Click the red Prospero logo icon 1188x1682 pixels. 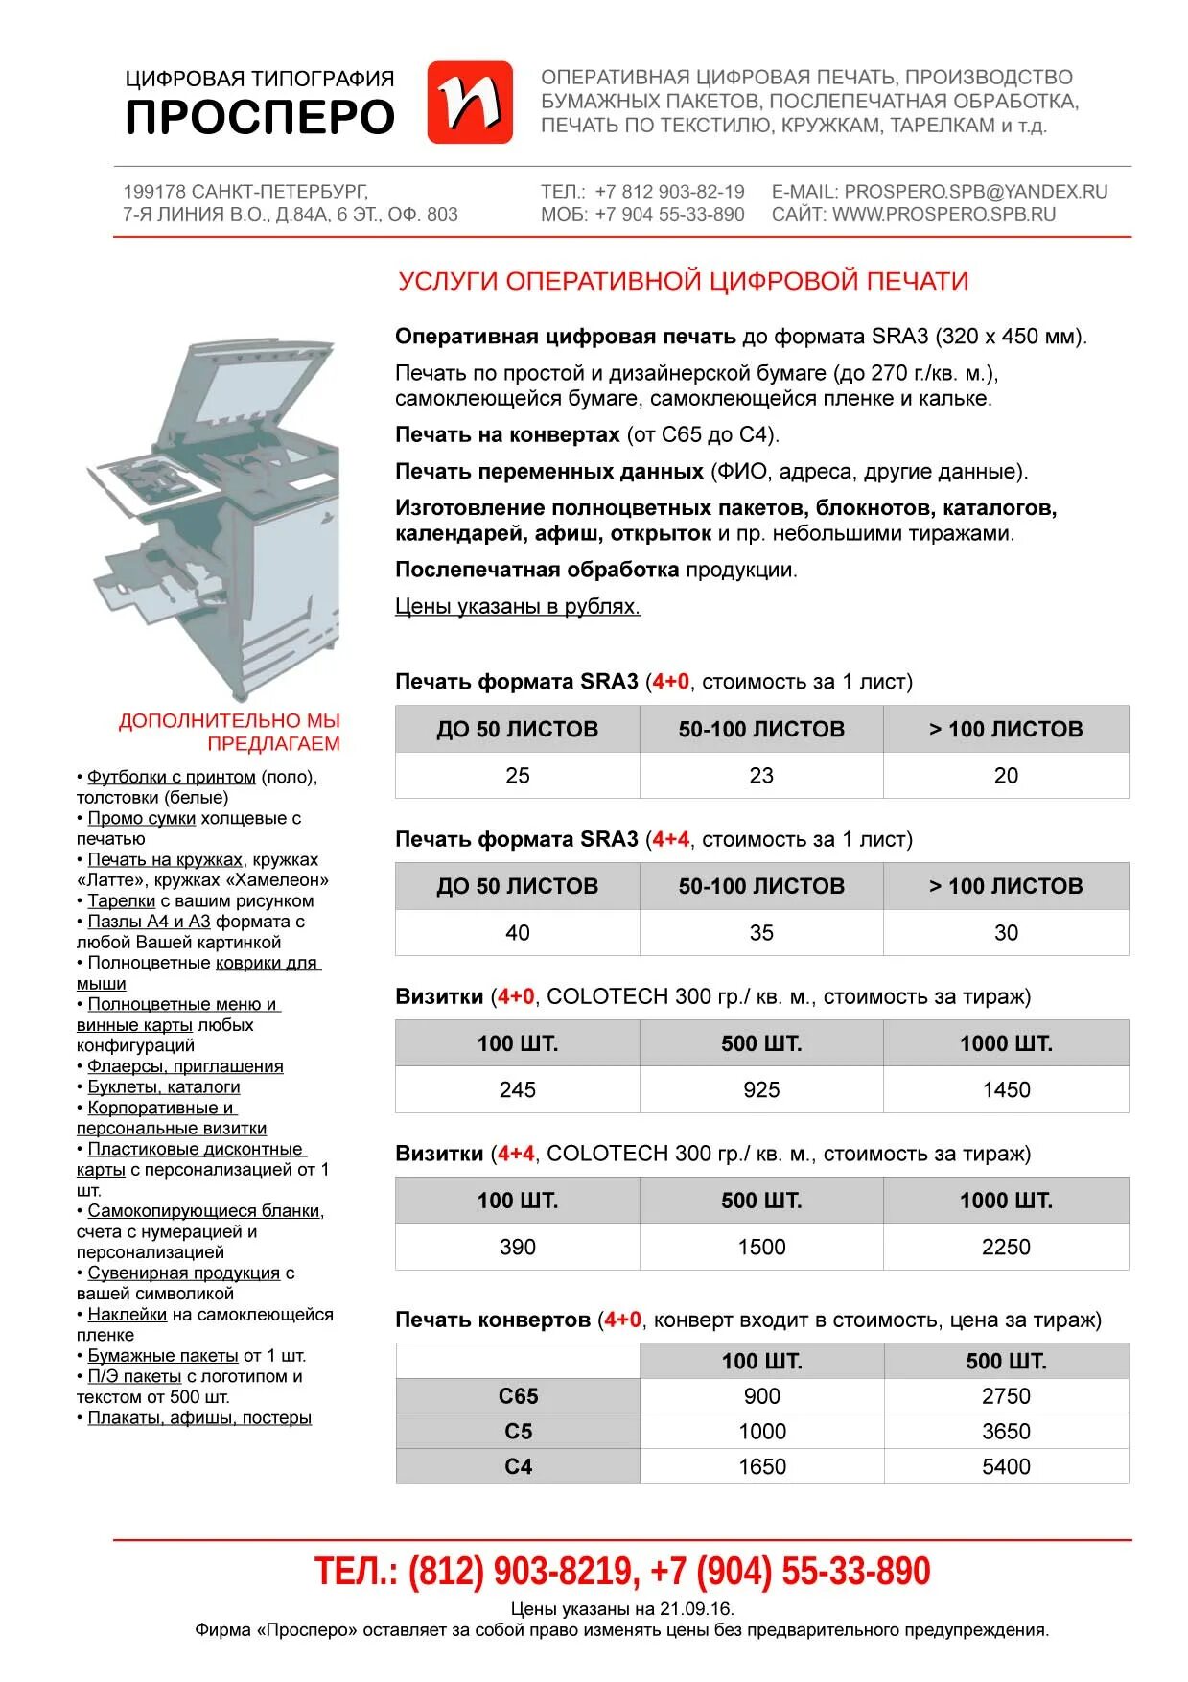[469, 103]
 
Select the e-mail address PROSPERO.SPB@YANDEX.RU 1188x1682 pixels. [975, 192]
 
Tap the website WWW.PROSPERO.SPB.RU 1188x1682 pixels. [943, 215]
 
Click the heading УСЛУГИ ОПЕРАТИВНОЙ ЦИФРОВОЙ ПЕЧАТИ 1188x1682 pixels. [683, 281]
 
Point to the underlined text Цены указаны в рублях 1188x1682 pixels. [518, 607]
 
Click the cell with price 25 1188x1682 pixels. [518, 776]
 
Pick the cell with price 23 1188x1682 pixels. [761, 776]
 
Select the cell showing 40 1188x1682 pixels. [518, 933]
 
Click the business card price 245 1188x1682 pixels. [518, 1090]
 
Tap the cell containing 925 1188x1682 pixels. [761, 1090]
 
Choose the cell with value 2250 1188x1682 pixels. [1006, 1248]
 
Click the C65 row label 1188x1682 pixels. [518, 1397]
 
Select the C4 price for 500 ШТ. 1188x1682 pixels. [1006, 1467]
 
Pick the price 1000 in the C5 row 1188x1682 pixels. [761, 1432]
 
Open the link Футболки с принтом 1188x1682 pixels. [172, 778]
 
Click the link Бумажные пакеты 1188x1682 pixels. [163, 1356]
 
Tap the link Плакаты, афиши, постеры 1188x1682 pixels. [199, 1418]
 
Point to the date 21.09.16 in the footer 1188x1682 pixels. [693, 1609]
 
